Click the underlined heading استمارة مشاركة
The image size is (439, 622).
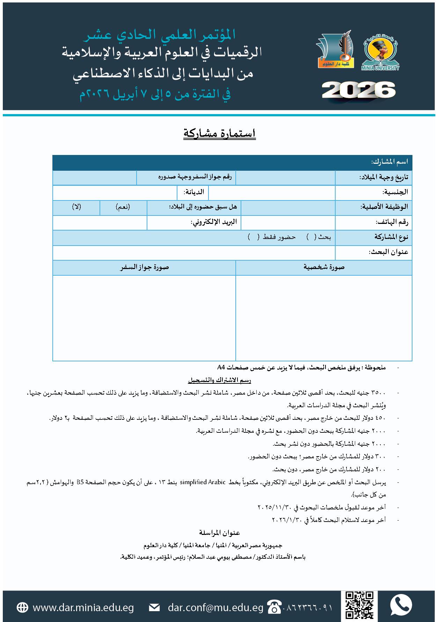pos(220,134)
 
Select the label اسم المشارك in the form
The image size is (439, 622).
pos(389,162)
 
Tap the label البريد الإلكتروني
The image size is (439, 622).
pos(214,222)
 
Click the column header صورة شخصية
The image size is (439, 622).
pos(324,267)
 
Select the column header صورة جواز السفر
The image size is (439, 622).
pos(145,267)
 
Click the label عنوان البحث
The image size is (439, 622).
pos(389,252)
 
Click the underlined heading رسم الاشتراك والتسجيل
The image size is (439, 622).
pos(219,380)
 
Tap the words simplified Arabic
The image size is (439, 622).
pos(203,482)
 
